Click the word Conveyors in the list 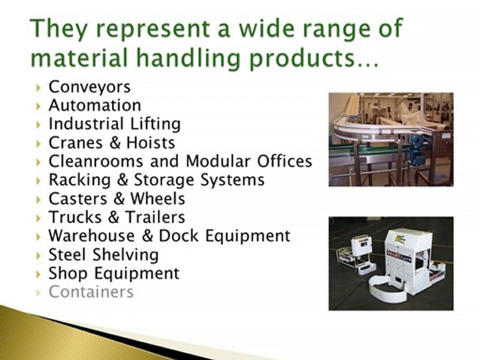click(x=89, y=86)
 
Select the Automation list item click(x=94, y=105)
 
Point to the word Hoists click(x=150, y=142)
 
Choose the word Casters click(x=77, y=198)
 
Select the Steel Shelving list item click(x=103, y=254)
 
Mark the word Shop click(x=68, y=273)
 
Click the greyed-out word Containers click(x=90, y=291)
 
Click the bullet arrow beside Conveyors click(x=39, y=87)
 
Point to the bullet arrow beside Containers click(x=39, y=292)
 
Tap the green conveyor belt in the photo click(x=370, y=149)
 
